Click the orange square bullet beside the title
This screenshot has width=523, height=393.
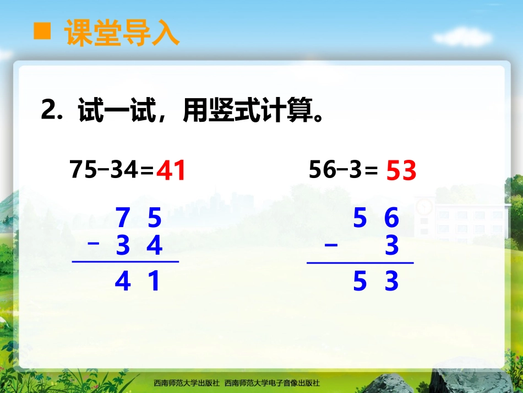pos(42,32)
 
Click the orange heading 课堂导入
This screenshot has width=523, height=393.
pos(122,33)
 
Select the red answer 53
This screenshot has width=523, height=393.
pos(401,171)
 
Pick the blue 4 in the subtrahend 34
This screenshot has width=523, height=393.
pos(155,246)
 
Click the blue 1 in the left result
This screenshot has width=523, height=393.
pos(155,282)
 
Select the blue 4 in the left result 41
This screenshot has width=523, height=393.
pos(123,282)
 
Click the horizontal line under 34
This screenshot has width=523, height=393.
pos(126,262)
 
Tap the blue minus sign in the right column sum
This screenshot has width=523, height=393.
pos(331,245)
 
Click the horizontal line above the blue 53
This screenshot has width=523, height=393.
pos(360,263)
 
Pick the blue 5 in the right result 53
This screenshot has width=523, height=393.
pos(359,282)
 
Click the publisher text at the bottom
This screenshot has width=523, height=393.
pos(237,383)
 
